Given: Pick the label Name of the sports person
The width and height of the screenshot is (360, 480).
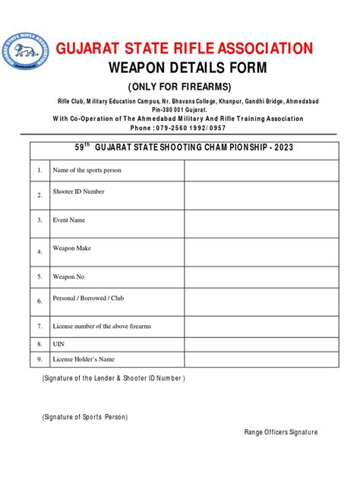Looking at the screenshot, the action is tap(87, 170).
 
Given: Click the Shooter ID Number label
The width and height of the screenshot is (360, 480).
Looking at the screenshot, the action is tap(78, 191).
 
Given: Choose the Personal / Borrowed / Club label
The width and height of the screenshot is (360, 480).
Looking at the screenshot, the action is tap(88, 298).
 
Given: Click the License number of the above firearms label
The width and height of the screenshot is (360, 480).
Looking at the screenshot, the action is tap(102, 326).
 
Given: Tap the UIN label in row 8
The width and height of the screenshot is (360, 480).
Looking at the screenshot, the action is tap(58, 343).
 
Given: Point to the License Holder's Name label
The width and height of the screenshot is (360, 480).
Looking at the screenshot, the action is tap(84, 358).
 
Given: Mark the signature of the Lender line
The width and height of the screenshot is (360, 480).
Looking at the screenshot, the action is tap(113, 377).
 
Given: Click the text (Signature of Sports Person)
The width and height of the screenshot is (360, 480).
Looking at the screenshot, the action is tap(85, 417).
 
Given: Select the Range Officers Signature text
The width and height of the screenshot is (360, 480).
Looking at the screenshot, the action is tap(280, 432).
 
